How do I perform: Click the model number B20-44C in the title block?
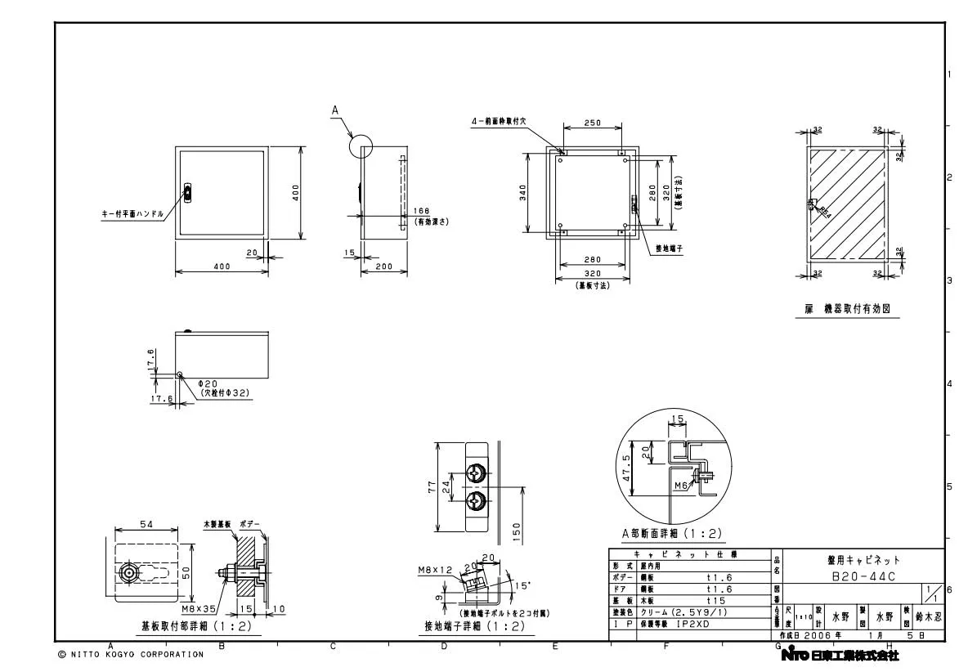coord(862,577)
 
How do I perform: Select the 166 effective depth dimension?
coord(422,211)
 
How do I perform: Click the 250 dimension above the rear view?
coord(593,123)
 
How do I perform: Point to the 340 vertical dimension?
coord(522,192)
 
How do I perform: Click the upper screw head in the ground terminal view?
coord(477,473)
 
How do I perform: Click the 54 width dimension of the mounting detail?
coord(146,524)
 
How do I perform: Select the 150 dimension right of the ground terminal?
coord(516,530)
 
